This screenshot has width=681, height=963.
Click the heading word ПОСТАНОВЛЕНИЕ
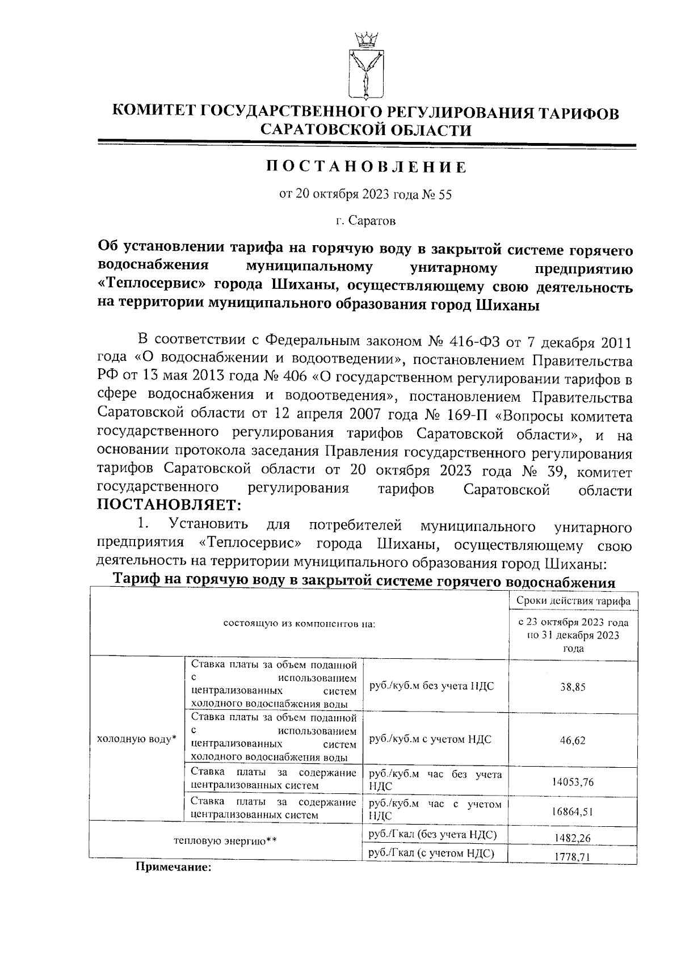(366, 167)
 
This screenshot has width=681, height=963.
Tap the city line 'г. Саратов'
(365, 220)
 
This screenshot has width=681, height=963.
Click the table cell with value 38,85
(573, 687)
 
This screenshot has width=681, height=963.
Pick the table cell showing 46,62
(573, 741)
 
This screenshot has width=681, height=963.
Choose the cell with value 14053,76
(573, 782)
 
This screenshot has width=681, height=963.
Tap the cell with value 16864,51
(573, 811)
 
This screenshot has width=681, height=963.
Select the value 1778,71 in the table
(573, 857)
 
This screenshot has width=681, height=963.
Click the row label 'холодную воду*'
(137, 739)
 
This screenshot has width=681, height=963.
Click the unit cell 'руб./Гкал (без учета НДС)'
(433, 834)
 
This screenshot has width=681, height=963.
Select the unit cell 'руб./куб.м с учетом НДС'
(430, 739)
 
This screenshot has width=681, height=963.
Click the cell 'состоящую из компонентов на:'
(299, 624)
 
